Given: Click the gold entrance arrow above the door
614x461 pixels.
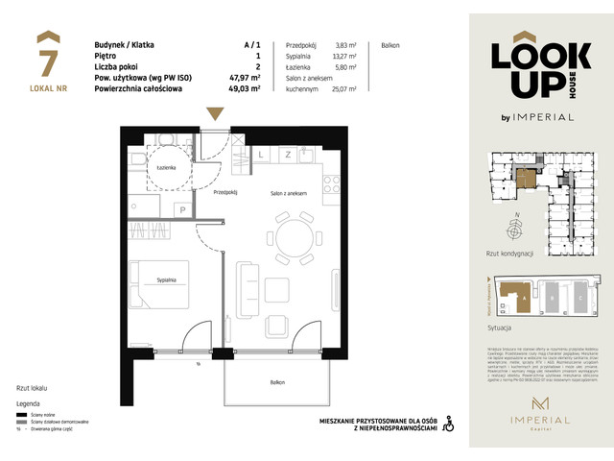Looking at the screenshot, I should click(215, 112).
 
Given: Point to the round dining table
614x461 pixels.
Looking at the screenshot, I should click(294, 235).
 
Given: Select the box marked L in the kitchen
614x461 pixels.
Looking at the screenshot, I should click(261, 154).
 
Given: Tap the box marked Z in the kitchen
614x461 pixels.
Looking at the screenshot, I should click(287, 154).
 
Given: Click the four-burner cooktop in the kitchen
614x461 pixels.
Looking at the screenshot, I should click(331, 182).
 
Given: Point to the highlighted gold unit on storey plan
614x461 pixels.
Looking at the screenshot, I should click(525, 179).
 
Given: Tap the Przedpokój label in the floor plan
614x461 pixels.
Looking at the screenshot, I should click(225, 191).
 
